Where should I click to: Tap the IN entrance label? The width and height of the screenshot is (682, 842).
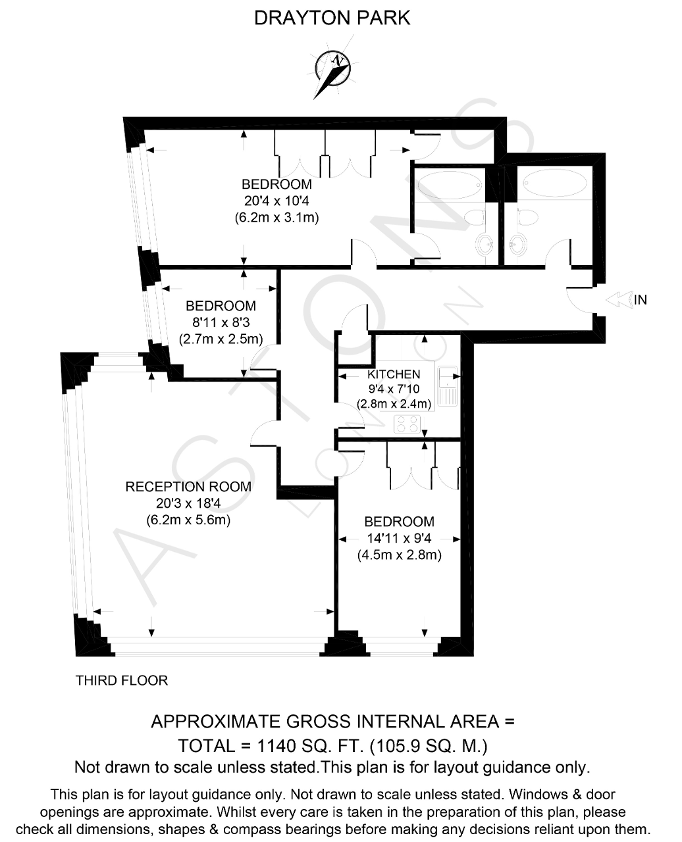pos(641,300)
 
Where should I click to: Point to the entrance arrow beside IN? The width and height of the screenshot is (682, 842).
pos(618,300)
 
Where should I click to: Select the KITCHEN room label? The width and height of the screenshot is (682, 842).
pos(394,374)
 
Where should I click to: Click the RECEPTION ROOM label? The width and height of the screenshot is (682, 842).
pos(188,487)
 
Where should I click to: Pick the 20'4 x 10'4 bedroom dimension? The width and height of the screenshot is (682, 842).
pos(276,201)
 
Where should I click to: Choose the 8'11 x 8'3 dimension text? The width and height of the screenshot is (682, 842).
pos(221,322)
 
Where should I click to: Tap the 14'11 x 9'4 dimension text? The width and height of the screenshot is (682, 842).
pos(399,538)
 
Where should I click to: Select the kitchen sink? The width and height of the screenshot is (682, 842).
pos(448,386)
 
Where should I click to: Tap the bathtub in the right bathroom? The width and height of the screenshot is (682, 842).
pos(555,183)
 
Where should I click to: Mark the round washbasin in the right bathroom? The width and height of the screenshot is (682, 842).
pos(517,244)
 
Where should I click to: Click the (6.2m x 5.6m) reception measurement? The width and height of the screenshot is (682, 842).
pos(188,520)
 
